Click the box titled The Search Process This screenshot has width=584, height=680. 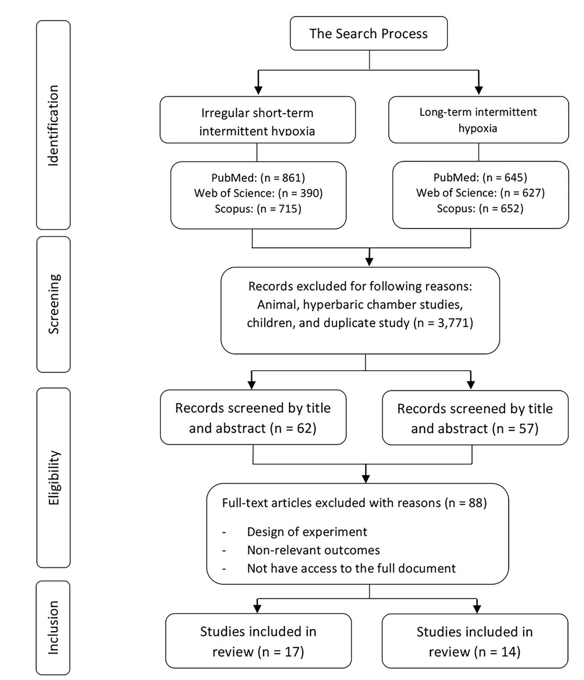(x=368, y=33)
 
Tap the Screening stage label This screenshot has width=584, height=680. (x=53, y=304)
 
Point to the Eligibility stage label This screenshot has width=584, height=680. (x=53, y=478)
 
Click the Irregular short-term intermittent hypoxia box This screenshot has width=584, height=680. (x=258, y=120)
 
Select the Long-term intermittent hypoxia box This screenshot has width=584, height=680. (x=478, y=120)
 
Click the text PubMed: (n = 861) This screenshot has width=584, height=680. (x=258, y=177)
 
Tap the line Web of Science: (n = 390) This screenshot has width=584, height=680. (x=258, y=193)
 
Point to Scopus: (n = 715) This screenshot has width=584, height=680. (x=258, y=209)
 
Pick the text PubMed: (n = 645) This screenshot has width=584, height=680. (x=480, y=177)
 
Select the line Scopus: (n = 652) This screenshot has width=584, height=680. (x=480, y=208)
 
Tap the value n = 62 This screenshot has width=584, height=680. (x=293, y=428)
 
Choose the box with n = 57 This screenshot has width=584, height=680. (x=475, y=418)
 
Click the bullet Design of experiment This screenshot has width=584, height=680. (x=307, y=532)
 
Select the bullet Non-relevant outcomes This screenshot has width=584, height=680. (x=313, y=550)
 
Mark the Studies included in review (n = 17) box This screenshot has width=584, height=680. (x=258, y=641)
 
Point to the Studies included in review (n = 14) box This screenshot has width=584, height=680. (x=475, y=641)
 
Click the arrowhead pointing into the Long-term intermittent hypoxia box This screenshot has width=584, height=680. (x=479, y=90)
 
